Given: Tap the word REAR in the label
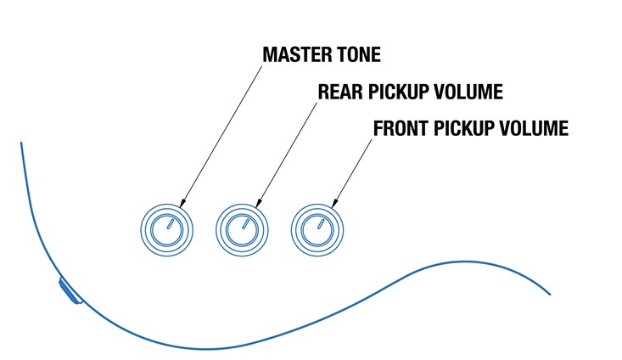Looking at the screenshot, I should tap(337, 91).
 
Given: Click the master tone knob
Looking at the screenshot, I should tap(166, 230).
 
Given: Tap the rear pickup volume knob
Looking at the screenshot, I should tap(242, 230).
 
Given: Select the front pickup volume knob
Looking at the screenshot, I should tap(317, 230).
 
